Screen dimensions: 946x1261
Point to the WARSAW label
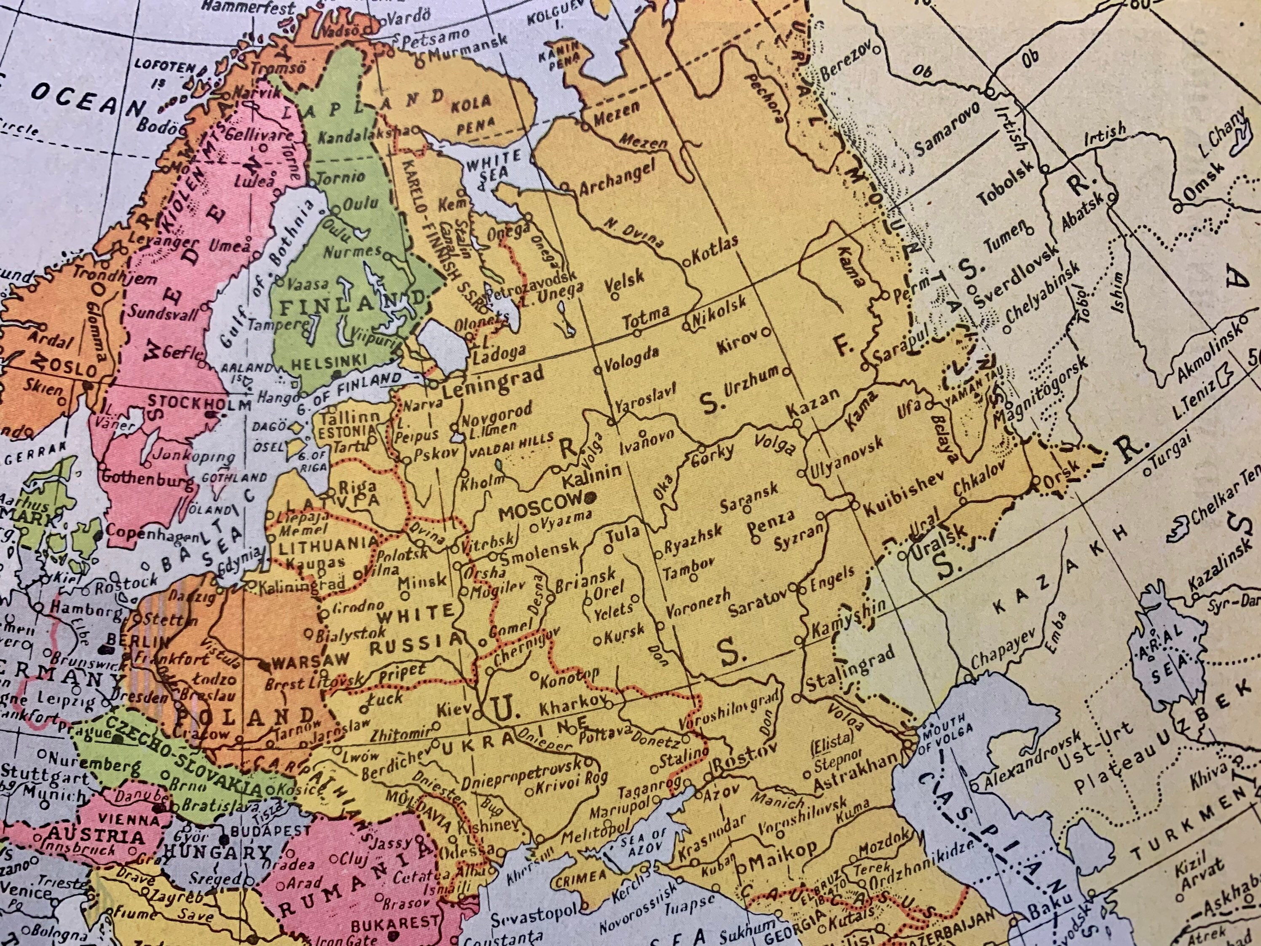click(x=311, y=661)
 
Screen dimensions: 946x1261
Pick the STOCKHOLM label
click(x=199, y=404)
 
